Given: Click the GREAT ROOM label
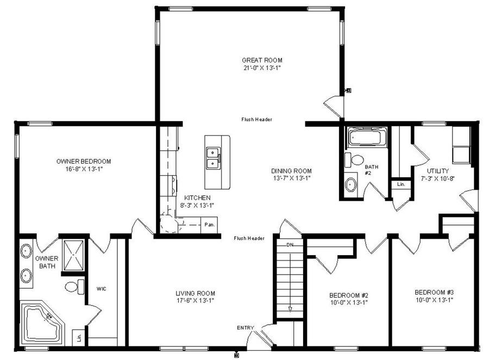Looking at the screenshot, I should (262, 60).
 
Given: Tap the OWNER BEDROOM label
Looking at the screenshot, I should (84, 162).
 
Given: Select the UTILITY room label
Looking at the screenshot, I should (438, 171).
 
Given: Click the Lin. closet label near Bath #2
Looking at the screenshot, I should (401, 185).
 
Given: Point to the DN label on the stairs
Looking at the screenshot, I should (290, 245).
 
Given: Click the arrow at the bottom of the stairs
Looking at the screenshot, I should (290, 309).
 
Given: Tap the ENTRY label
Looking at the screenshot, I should (245, 328).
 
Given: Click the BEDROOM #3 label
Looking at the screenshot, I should (434, 292).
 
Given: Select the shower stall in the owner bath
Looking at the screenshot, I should (72, 255).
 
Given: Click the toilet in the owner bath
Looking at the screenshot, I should (74, 286).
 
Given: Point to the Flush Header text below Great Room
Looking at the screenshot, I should (257, 120).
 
